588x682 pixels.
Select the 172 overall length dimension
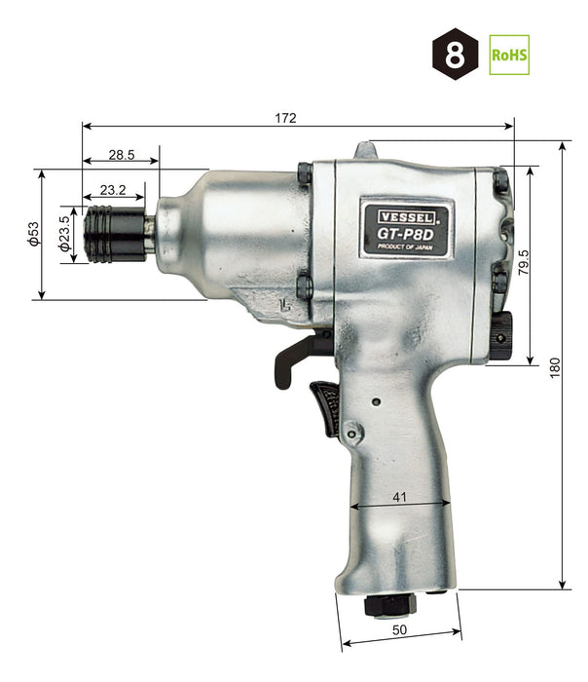point(285,117)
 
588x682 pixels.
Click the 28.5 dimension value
point(121,156)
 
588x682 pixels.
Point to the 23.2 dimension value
point(112,189)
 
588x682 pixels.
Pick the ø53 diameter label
point(33,235)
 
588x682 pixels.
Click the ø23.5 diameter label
point(64,235)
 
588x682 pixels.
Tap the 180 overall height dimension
point(555,366)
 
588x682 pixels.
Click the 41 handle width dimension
point(400,496)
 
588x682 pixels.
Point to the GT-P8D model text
point(402,233)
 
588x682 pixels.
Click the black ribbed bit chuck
point(115,234)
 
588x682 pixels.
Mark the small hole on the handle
point(377,400)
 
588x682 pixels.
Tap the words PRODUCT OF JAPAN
point(403,247)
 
